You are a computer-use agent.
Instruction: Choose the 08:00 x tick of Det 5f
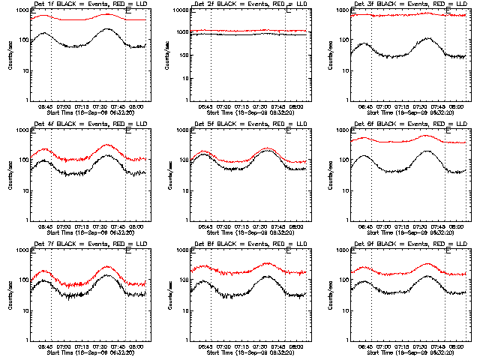click(297, 226)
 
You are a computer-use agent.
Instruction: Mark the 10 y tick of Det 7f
click(25, 310)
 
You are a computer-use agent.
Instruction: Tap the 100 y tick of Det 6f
click(345, 160)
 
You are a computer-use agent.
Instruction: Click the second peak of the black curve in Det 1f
click(108, 29)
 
